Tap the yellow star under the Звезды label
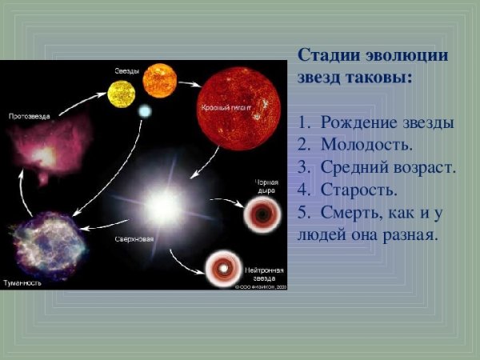click(x=123, y=94)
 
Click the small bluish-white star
click(x=145, y=111)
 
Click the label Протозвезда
click(x=30, y=116)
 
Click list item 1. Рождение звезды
click(x=375, y=123)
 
